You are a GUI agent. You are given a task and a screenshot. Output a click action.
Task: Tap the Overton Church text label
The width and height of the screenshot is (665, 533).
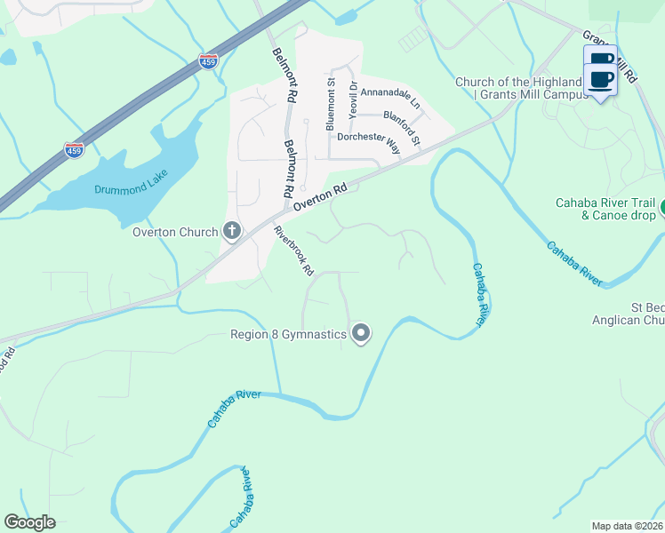pos(174,233)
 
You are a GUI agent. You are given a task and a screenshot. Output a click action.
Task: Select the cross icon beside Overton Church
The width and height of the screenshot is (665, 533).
pos(231,233)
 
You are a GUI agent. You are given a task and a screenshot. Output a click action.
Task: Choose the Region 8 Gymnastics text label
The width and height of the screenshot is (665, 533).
pos(288,335)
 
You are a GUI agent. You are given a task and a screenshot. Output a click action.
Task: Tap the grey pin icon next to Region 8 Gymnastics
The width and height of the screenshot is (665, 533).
pos(360,334)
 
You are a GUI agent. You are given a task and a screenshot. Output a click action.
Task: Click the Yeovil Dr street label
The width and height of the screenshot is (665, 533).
pos(353,99)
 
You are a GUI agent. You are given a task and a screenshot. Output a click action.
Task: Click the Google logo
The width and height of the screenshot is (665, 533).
pos(29,522)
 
